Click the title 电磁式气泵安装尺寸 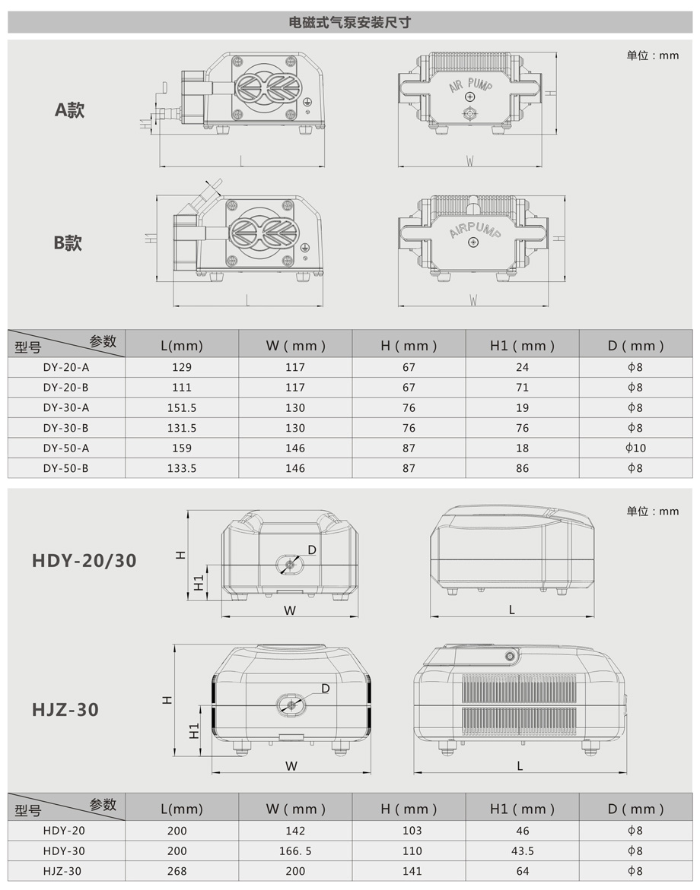click(349, 23)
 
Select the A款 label click(69, 109)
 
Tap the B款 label click(68, 243)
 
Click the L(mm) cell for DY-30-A click(182, 408)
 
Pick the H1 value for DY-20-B click(522, 388)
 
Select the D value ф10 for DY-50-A click(636, 448)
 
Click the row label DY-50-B click(66, 468)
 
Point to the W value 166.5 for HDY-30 click(295, 851)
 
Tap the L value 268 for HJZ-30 click(177, 871)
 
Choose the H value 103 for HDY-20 click(412, 831)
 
